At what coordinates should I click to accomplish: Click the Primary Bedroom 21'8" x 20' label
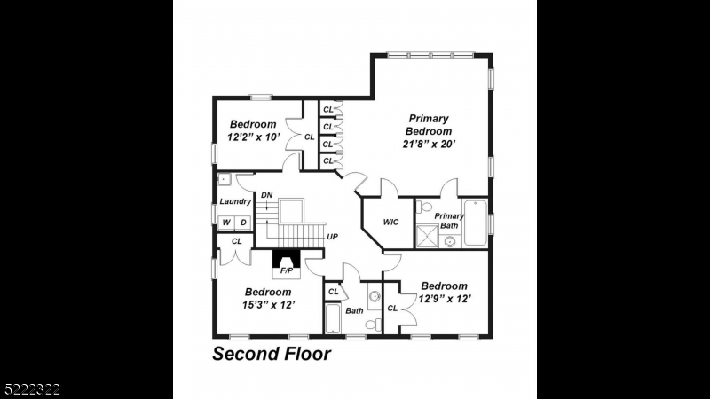coord(429,131)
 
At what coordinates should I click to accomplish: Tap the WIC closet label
coord(390,223)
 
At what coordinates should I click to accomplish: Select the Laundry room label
coord(235,201)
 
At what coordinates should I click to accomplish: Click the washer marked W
coord(226,222)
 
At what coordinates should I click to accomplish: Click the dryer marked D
coord(242,222)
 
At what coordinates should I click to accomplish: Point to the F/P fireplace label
coord(286,270)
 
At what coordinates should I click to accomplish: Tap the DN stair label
coord(266,195)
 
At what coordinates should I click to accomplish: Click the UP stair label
coord(333,237)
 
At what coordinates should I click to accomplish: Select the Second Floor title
coord(272,355)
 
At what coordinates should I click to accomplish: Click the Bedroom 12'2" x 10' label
coord(253,131)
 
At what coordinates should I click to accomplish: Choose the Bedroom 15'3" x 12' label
coord(268,298)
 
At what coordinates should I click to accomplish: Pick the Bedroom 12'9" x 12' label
coord(444,292)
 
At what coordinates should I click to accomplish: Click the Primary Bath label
coord(448,220)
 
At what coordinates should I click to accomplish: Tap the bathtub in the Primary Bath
coord(476,223)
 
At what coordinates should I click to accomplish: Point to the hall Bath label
coord(354,310)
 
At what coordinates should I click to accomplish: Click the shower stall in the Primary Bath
coord(429,237)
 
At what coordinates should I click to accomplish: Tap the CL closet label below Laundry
coord(237,241)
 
